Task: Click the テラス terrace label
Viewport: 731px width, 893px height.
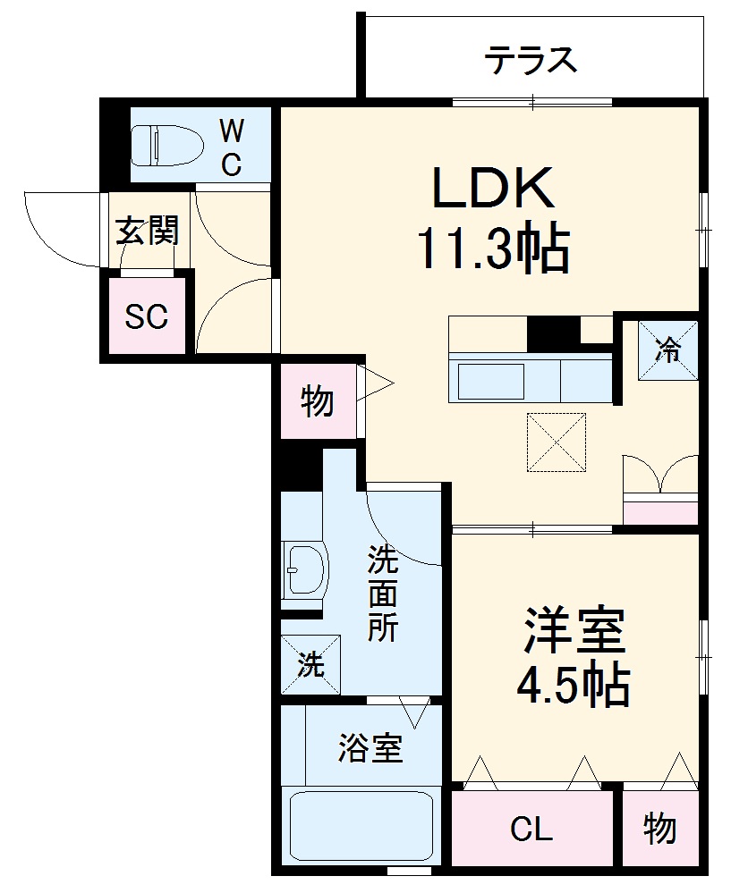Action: [531, 61]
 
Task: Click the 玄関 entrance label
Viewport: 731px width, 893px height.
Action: [148, 232]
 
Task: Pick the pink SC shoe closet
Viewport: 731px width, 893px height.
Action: [147, 316]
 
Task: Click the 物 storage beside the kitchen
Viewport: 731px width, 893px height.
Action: [318, 402]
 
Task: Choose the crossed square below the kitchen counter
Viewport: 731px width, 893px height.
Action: [556, 442]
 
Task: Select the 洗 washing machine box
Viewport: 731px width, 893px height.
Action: [310, 664]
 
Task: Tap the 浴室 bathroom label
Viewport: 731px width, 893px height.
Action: [370, 748]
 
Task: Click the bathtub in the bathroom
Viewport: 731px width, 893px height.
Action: [361, 825]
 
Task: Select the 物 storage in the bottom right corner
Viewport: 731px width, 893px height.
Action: [659, 830]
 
